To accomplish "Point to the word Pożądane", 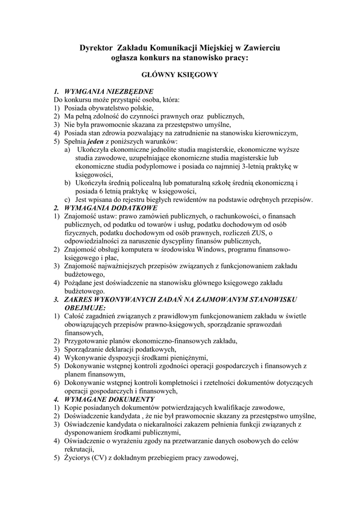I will tap(79, 283).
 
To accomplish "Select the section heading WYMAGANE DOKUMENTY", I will tap(107, 399).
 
